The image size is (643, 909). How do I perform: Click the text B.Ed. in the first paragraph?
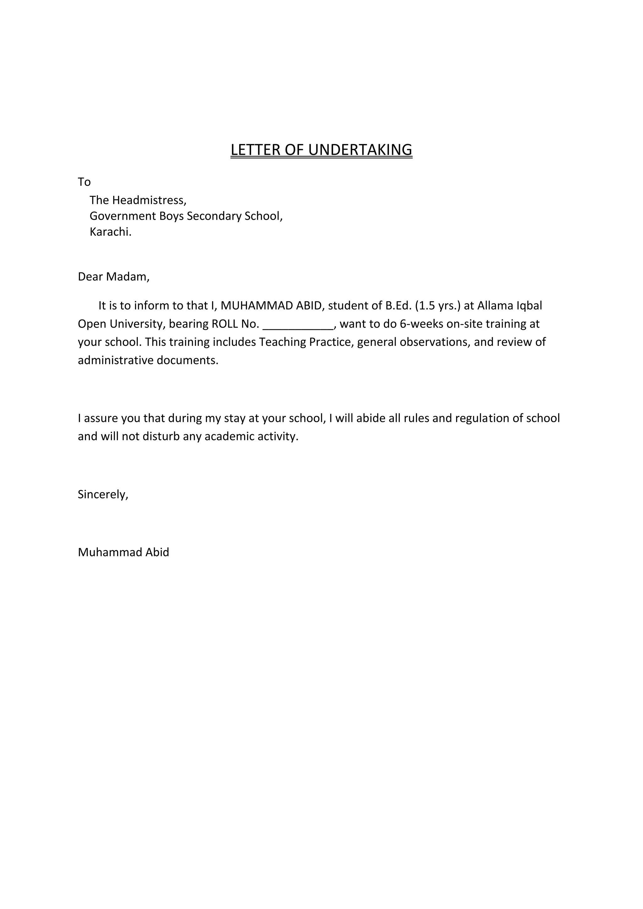click(398, 306)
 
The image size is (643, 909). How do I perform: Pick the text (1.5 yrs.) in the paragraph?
click(438, 306)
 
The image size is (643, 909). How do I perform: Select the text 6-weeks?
click(421, 324)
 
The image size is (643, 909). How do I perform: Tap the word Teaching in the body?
click(282, 342)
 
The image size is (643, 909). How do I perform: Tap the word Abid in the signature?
click(157, 552)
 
